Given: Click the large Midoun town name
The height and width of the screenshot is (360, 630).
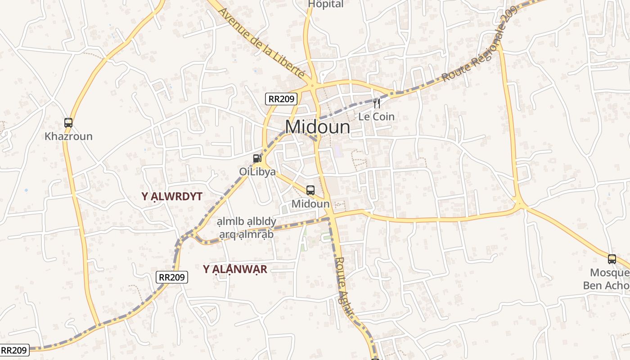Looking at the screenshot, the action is (x=318, y=127).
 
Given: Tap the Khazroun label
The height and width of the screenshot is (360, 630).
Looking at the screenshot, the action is (x=68, y=136).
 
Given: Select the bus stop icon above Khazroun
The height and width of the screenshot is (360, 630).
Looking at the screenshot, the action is (x=68, y=122).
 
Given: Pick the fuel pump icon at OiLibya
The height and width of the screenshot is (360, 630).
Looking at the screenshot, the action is (x=257, y=158).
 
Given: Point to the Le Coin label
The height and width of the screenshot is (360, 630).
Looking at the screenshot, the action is (x=376, y=117).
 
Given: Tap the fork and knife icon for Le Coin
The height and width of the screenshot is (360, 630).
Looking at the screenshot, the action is (x=377, y=103).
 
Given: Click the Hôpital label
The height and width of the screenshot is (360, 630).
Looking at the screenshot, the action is (x=326, y=4).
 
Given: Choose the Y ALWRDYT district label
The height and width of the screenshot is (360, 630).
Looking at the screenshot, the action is (x=172, y=196).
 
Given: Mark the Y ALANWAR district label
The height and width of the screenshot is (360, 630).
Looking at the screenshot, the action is (x=235, y=270).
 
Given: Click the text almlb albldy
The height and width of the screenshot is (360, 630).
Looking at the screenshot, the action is (x=246, y=222).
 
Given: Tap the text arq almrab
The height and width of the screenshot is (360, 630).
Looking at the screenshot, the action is (x=246, y=234).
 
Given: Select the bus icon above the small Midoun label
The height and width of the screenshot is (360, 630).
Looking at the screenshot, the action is (x=310, y=190).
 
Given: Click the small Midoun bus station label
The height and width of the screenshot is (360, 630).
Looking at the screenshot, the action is (x=310, y=204).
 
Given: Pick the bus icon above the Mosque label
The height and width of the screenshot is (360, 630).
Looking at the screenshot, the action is (x=612, y=259).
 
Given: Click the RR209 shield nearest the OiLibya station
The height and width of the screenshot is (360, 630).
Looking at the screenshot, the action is (x=281, y=99).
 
